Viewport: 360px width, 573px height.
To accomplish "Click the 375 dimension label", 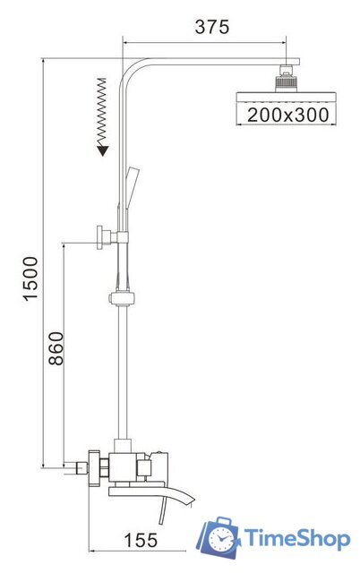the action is [211, 28].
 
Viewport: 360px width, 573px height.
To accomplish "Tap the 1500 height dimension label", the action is [30, 278].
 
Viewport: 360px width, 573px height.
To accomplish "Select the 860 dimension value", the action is [56, 348].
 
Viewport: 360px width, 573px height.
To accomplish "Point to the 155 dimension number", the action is [141, 540].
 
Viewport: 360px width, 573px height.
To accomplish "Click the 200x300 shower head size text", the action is [288, 115].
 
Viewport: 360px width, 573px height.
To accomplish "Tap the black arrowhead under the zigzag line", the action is [103, 150].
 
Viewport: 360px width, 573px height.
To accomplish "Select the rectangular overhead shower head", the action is [286, 98].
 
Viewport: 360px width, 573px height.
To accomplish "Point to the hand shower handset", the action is [132, 187].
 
